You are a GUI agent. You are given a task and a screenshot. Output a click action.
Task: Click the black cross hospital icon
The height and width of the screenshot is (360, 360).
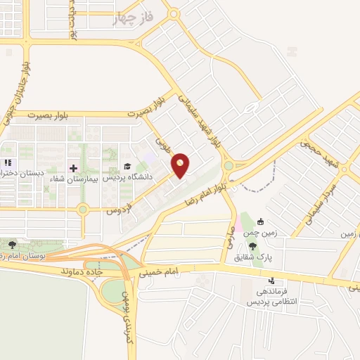[x=73, y=167]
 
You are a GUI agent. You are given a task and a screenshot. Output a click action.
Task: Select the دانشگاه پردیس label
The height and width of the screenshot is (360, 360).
[x=129, y=177]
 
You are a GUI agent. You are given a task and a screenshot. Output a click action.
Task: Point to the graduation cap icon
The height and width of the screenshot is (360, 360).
[x=127, y=167]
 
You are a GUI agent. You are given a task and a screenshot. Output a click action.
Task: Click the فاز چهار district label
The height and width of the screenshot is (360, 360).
[x=133, y=18]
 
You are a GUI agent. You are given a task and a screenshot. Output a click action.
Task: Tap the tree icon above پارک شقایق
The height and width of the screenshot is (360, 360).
[x=252, y=245]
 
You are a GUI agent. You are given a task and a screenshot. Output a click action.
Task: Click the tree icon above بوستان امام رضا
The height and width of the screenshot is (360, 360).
[x=13, y=244]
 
